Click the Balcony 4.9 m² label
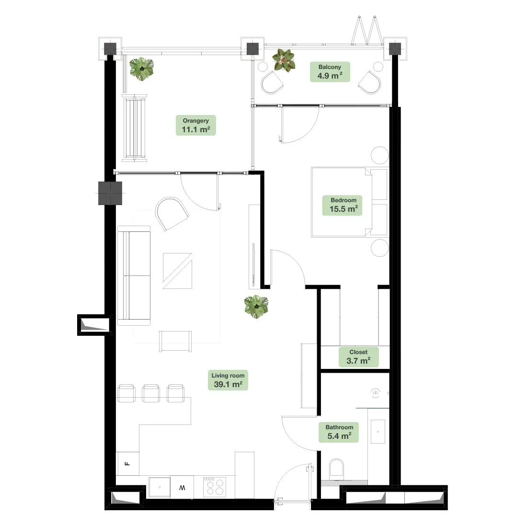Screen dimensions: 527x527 330,71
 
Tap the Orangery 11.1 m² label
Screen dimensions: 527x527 195,125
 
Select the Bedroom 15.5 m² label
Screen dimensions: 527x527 343,205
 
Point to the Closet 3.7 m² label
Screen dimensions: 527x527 358,356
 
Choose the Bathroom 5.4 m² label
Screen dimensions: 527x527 339,432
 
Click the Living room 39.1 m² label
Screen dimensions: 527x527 228,380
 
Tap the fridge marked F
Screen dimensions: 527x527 127,463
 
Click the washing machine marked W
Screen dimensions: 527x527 182,487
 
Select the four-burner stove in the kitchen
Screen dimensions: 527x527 215,487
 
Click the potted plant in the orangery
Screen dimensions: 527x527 142,69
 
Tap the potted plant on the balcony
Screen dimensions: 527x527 284,60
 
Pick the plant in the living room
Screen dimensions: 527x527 256,307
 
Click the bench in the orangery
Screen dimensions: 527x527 135,128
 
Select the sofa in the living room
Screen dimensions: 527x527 134,275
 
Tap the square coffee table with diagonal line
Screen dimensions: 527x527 177,271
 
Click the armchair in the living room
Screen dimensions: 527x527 172,214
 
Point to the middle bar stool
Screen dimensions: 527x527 151,393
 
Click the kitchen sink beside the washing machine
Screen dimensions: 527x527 160,487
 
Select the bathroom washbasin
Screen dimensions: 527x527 378,432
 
